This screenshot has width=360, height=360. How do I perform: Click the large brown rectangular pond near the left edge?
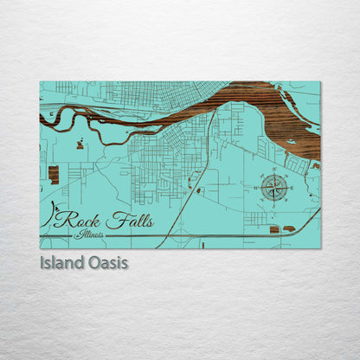click(x=54, y=175)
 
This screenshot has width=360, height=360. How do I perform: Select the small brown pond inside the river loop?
click(x=80, y=145)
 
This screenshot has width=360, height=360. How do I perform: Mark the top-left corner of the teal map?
click(x=40, y=82)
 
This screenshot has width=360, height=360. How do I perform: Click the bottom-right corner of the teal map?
click(x=319, y=248)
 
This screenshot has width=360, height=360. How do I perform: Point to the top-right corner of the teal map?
click(x=319, y=82)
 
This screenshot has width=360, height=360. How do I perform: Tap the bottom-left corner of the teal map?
click(x=40, y=248)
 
